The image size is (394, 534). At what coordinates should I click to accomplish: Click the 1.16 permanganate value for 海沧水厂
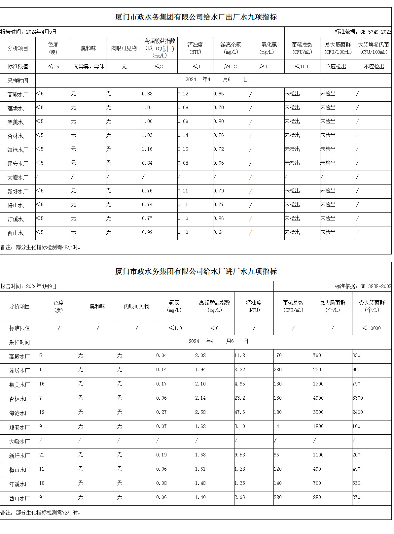[x=147, y=150]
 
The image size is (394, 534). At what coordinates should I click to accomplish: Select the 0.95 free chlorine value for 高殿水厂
[x=219, y=94]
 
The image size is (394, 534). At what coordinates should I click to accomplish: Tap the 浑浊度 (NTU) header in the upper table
[x=195, y=48]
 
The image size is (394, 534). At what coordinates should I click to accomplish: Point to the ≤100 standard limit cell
[x=302, y=67]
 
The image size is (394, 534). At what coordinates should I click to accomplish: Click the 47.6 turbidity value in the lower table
[x=240, y=413]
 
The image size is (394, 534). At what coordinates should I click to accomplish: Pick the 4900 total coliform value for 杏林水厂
[x=318, y=398]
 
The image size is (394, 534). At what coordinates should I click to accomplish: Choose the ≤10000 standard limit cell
[x=372, y=328]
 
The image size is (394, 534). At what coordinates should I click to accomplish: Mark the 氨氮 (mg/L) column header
[x=175, y=306]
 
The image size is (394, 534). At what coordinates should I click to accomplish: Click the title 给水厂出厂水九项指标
[x=196, y=17]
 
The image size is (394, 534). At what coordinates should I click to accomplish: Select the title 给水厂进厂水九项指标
[x=196, y=272]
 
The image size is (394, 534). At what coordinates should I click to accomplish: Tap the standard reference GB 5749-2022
[x=363, y=32]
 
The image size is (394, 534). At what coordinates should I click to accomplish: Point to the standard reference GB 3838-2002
[x=363, y=286]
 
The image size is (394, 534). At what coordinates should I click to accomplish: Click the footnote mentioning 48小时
[x=41, y=248]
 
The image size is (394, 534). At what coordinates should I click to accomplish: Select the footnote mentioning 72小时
[x=41, y=513]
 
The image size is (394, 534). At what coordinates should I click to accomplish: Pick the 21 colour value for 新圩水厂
[x=42, y=455]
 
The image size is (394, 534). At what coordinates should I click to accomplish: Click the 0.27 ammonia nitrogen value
[x=161, y=413]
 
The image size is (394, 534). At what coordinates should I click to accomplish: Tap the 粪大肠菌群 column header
[x=372, y=306]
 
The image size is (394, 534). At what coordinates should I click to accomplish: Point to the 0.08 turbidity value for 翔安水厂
[x=183, y=163]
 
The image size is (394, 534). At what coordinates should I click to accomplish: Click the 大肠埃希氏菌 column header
[x=374, y=48]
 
